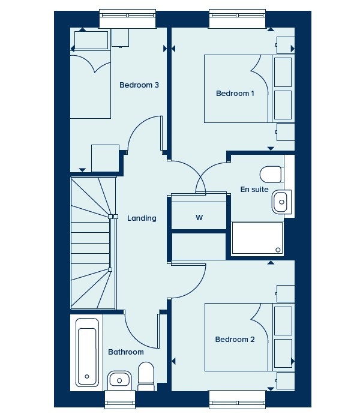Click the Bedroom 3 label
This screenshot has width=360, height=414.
[x=139, y=85]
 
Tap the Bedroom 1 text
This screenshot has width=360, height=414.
[x=235, y=94]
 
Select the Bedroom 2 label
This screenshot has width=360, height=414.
[x=235, y=339]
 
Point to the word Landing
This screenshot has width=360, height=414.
[x=142, y=218]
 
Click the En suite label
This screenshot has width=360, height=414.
[x=254, y=190]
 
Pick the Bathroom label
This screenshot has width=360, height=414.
[x=126, y=352]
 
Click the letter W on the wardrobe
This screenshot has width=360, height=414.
[x=199, y=218]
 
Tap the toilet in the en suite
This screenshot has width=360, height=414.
[x=272, y=174]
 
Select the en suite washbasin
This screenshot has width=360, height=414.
[x=281, y=202]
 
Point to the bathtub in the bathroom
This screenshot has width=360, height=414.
[x=87, y=352]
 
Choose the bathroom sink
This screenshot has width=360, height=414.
[x=119, y=380]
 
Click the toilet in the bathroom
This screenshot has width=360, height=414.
[x=146, y=377]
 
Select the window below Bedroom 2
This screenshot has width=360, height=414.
[x=237, y=400]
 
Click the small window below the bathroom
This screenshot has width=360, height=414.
[x=120, y=400]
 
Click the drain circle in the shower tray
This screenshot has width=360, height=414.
[x=278, y=250]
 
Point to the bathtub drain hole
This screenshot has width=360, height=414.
[x=87, y=377]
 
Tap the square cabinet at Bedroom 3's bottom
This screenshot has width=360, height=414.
[x=105, y=158]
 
